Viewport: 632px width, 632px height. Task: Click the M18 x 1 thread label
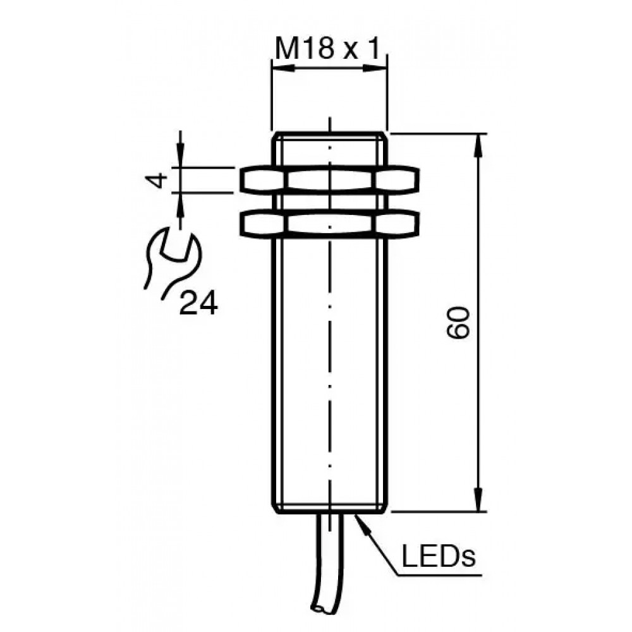coord(327,49)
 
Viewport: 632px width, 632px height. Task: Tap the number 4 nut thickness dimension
coord(157,180)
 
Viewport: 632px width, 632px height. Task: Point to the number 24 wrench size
coord(198,303)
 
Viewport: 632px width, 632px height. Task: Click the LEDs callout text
coord(439,556)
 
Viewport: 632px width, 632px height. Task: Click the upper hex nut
coord(330,179)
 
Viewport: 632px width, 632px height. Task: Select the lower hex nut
coord(330,224)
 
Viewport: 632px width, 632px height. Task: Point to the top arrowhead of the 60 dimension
coord(479,146)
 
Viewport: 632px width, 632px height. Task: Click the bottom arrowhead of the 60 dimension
coord(479,500)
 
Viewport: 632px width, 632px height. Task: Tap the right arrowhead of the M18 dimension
coord(375,69)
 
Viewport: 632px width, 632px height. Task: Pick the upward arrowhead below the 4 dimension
coord(180,204)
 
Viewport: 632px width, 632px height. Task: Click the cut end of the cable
coord(322,621)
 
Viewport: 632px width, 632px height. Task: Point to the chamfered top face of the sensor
coord(330,136)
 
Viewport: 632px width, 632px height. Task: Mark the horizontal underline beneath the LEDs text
coord(439,575)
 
